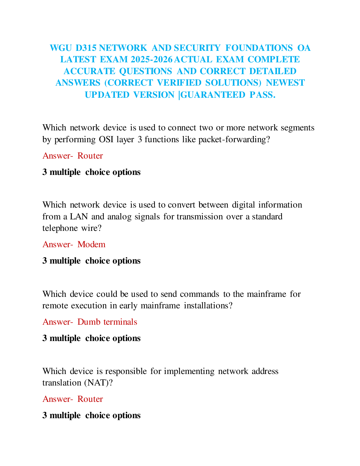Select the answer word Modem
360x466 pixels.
pos(91,244)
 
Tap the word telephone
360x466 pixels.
pos(60,228)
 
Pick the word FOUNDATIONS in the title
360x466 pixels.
pos(259,48)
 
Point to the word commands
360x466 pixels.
pos(199,294)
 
